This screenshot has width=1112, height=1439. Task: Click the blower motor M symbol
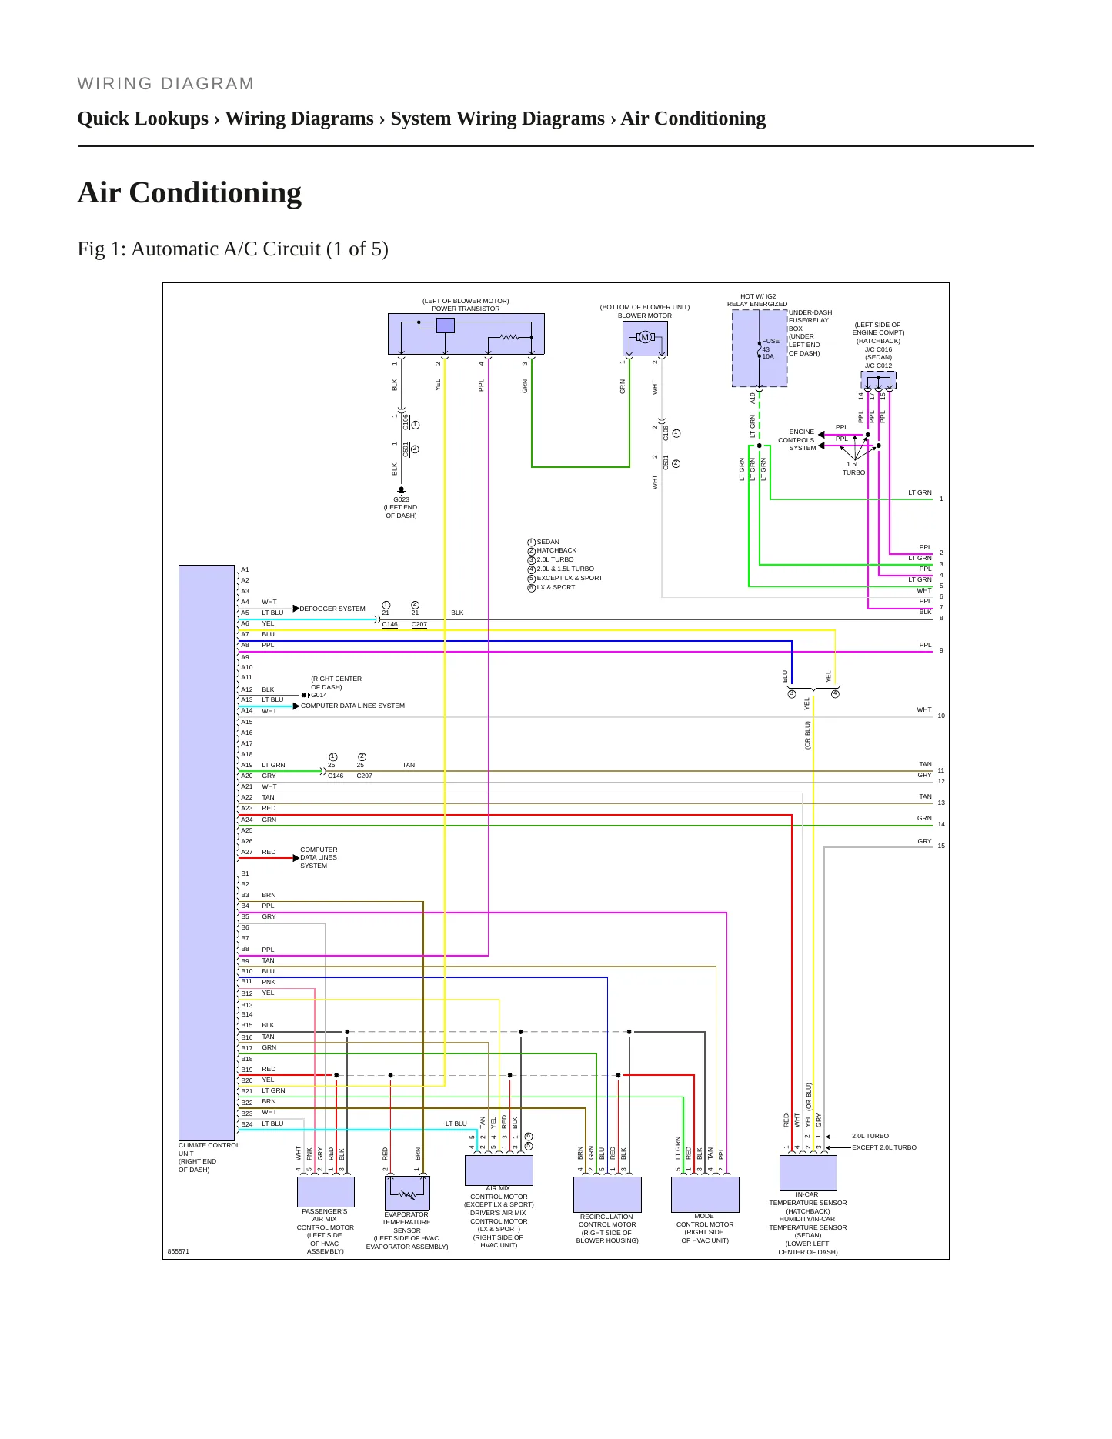pyautogui.click(x=645, y=337)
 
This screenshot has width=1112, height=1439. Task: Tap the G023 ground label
pyautogui.click(x=401, y=499)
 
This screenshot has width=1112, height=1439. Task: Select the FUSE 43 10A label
pyautogui.click(x=770, y=349)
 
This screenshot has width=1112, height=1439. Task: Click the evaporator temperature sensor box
pyautogui.click(x=407, y=1193)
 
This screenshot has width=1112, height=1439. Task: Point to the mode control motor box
pyautogui.click(x=705, y=1194)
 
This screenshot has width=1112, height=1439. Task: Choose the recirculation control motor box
pyautogui.click(x=607, y=1194)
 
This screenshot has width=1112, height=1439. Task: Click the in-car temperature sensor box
pyautogui.click(x=808, y=1173)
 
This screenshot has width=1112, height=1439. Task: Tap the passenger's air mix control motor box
pyautogui.click(x=326, y=1192)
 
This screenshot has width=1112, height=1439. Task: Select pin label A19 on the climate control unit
pyautogui.click(x=246, y=765)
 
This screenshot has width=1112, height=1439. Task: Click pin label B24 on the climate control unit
pyautogui.click(x=246, y=1124)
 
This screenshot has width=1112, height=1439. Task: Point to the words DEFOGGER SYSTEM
pyautogui.click(x=332, y=609)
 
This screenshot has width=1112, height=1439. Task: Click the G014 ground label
pyautogui.click(x=319, y=695)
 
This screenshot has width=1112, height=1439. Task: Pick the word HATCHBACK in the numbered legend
pyautogui.click(x=556, y=550)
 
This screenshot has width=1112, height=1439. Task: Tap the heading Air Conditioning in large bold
pyautogui.click(x=189, y=192)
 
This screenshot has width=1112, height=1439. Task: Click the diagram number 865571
pyautogui.click(x=179, y=1250)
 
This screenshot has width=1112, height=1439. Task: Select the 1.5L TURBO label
pyautogui.click(x=853, y=469)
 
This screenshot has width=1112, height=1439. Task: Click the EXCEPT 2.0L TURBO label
pyautogui.click(x=884, y=1147)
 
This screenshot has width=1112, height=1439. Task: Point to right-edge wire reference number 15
pyautogui.click(x=941, y=846)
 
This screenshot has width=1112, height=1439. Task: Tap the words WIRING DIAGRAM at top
pyautogui.click(x=165, y=84)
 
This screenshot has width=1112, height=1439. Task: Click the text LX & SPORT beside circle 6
pyautogui.click(x=556, y=587)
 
